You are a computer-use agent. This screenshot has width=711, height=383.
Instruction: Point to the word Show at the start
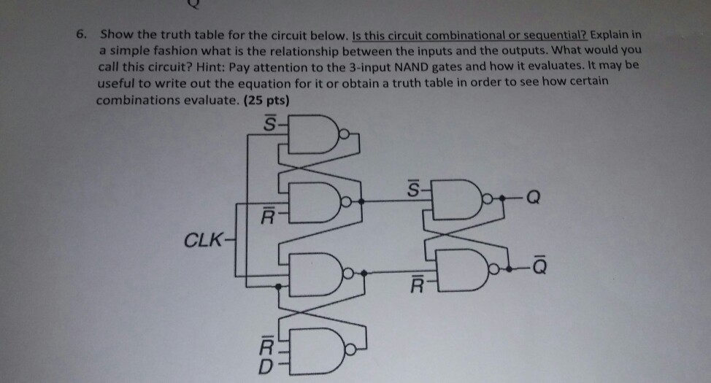[x=115, y=34]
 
